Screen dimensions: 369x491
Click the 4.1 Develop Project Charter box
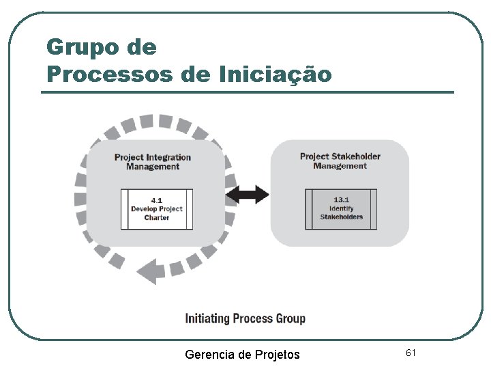[x=157, y=208]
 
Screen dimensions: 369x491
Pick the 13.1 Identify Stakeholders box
[x=341, y=208]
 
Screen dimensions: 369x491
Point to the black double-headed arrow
[x=248, y=195]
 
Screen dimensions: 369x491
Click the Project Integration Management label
[x=153, y=162]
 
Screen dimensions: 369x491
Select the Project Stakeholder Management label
[x=340, y=161]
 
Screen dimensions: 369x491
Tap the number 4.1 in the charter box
[x=157, y=200]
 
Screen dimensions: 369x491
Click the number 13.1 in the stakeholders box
[x=341, y=200]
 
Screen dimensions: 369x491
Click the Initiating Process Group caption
[x=245, y=318]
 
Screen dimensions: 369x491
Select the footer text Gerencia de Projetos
[x=242, y=354]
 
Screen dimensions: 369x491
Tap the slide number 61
[x=411, y=353]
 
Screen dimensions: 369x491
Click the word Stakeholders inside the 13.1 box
[x=342, y=217]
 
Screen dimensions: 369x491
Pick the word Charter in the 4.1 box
[x=157, y=217]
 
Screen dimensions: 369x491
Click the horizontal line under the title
[x=247, y=92]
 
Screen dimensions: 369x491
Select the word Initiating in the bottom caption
[x=207, y=318]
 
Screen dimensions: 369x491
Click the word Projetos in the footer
[x=277, y=354]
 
